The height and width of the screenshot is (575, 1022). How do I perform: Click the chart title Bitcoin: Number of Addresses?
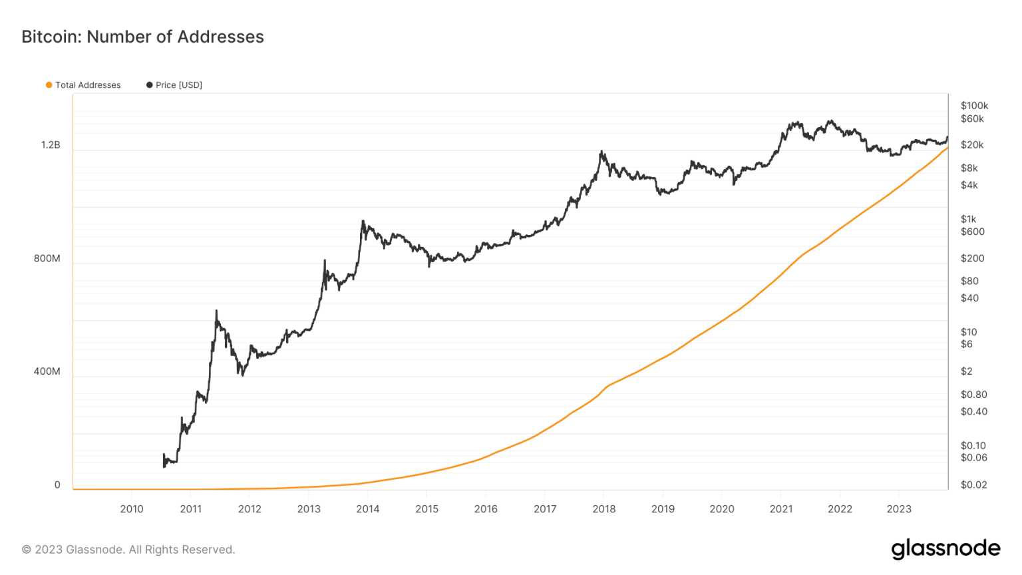[142, 37]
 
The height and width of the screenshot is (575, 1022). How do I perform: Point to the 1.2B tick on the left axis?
[51, 145]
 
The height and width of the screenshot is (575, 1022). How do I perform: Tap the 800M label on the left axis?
[47, 258]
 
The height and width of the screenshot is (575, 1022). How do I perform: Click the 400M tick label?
[47, 371]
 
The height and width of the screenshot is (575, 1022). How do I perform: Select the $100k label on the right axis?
[974, 106]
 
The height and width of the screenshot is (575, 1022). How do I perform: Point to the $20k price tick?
[971, 145]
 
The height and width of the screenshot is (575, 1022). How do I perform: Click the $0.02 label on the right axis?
[973, 484]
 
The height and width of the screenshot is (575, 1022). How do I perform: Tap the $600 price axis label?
[972, 232]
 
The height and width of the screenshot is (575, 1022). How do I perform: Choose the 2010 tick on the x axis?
[132, 509]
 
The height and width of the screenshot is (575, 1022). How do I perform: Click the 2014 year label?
[368, 509]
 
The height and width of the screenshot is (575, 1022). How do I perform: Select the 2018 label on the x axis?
[604, 509]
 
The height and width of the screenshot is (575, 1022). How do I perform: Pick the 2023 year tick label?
[899, 509]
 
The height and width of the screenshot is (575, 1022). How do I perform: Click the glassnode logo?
[945, 549]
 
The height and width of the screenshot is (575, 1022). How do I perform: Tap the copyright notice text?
[128, 550]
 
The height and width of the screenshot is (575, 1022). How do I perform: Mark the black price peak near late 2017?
[601, 152]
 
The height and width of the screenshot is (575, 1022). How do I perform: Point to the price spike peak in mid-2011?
[216, 311]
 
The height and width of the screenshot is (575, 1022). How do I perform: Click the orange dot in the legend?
[49, 85]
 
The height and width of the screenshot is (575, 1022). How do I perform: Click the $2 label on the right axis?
[966, 371]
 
